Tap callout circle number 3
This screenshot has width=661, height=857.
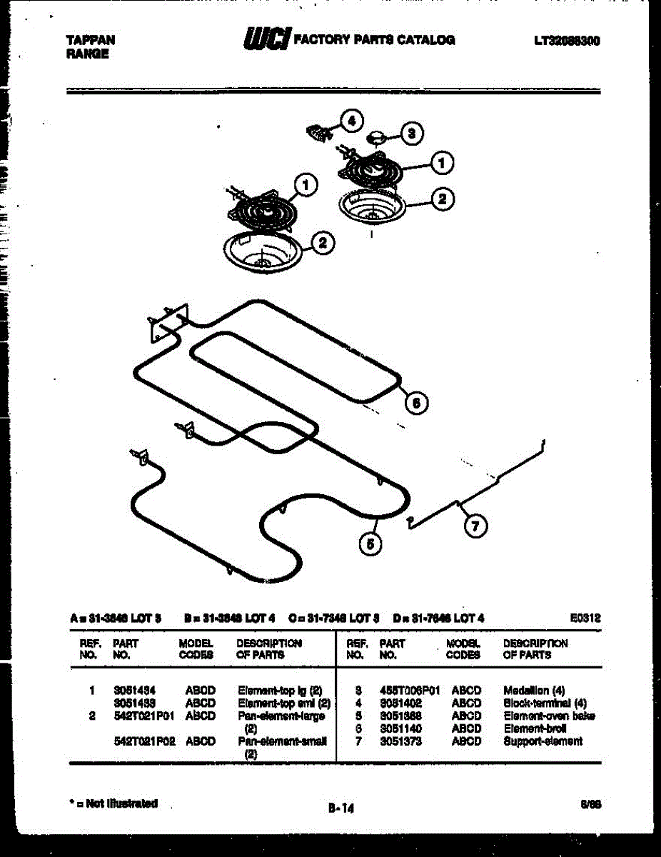(x=411, y=132)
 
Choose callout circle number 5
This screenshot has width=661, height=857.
(x=370, y=544)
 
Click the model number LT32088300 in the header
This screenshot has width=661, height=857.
(x=567, y=41)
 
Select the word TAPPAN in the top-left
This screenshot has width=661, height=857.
(x=90, y=41)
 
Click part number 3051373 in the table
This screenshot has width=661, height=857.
(x=402, y=741)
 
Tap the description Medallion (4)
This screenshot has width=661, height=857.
(x=534, y=691)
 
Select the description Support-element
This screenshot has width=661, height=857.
(x=543, y=741)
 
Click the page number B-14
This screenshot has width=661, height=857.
(x=340, y=808)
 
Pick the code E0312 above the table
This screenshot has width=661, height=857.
(x=586, y=618)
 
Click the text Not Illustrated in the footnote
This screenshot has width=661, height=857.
(x=121, y=803)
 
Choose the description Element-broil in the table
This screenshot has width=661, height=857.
(x=535, y=728)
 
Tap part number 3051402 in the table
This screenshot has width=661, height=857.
(x=402, y=703)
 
